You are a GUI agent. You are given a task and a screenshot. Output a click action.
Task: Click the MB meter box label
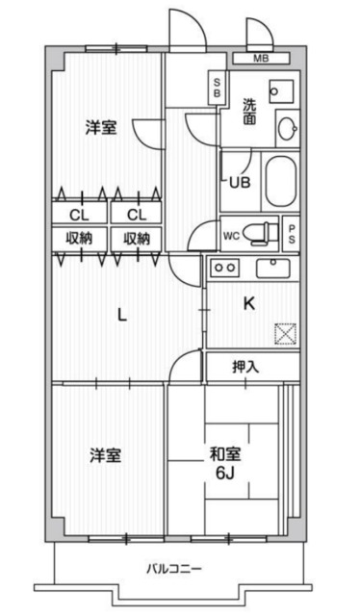[261, 59]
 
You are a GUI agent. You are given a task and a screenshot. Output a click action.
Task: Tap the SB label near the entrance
[218, 90]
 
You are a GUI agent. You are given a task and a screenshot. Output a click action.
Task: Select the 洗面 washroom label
[249, 111]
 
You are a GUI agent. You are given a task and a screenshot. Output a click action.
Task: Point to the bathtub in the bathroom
[280, 180]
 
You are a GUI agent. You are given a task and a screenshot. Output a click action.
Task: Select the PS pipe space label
[292, 233]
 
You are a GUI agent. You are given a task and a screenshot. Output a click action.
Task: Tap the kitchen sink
[278, 267]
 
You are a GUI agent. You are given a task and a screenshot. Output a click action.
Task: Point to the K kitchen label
[248, 305]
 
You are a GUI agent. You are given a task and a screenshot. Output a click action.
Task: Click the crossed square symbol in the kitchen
[286, 334]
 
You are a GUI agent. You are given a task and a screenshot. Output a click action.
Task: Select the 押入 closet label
[246, 368]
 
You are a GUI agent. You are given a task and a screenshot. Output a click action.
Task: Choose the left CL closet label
[79, 214]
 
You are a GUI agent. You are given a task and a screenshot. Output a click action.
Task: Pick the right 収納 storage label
[136, 238]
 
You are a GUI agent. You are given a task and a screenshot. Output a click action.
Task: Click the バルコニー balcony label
[174, 569]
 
